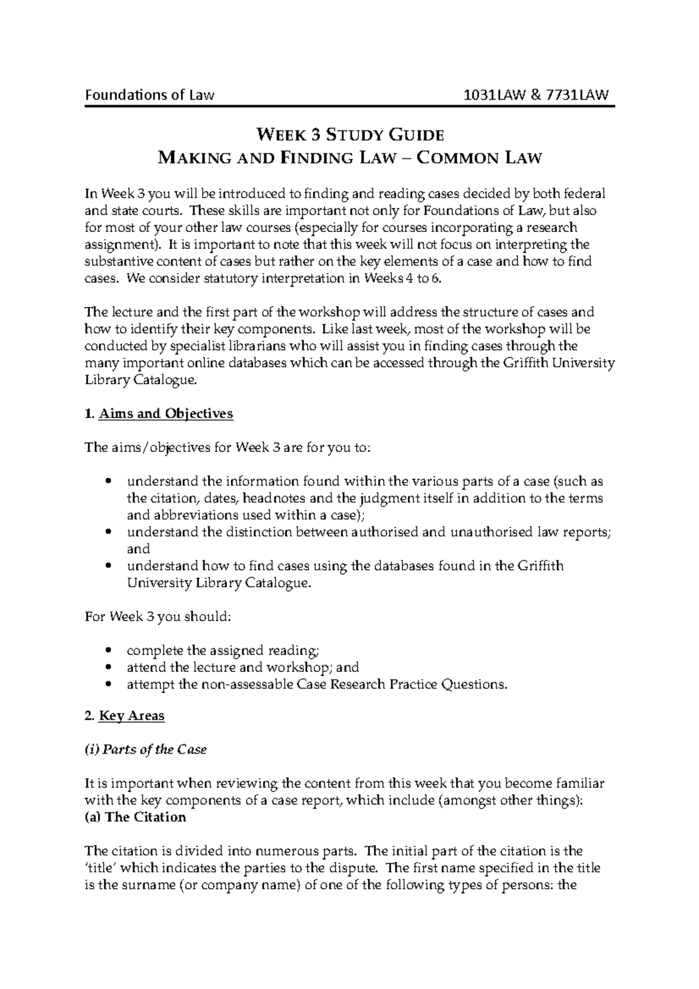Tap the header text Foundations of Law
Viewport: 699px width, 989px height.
[x=150, y=94]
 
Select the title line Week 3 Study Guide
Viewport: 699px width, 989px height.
[x=350, y=135]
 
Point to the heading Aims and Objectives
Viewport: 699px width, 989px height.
[x=166, y=414]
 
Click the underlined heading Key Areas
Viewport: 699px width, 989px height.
[x=132, y=716]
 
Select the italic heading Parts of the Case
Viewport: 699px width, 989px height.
[x=154, y=750]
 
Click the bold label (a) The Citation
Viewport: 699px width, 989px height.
[x=135, y=817]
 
